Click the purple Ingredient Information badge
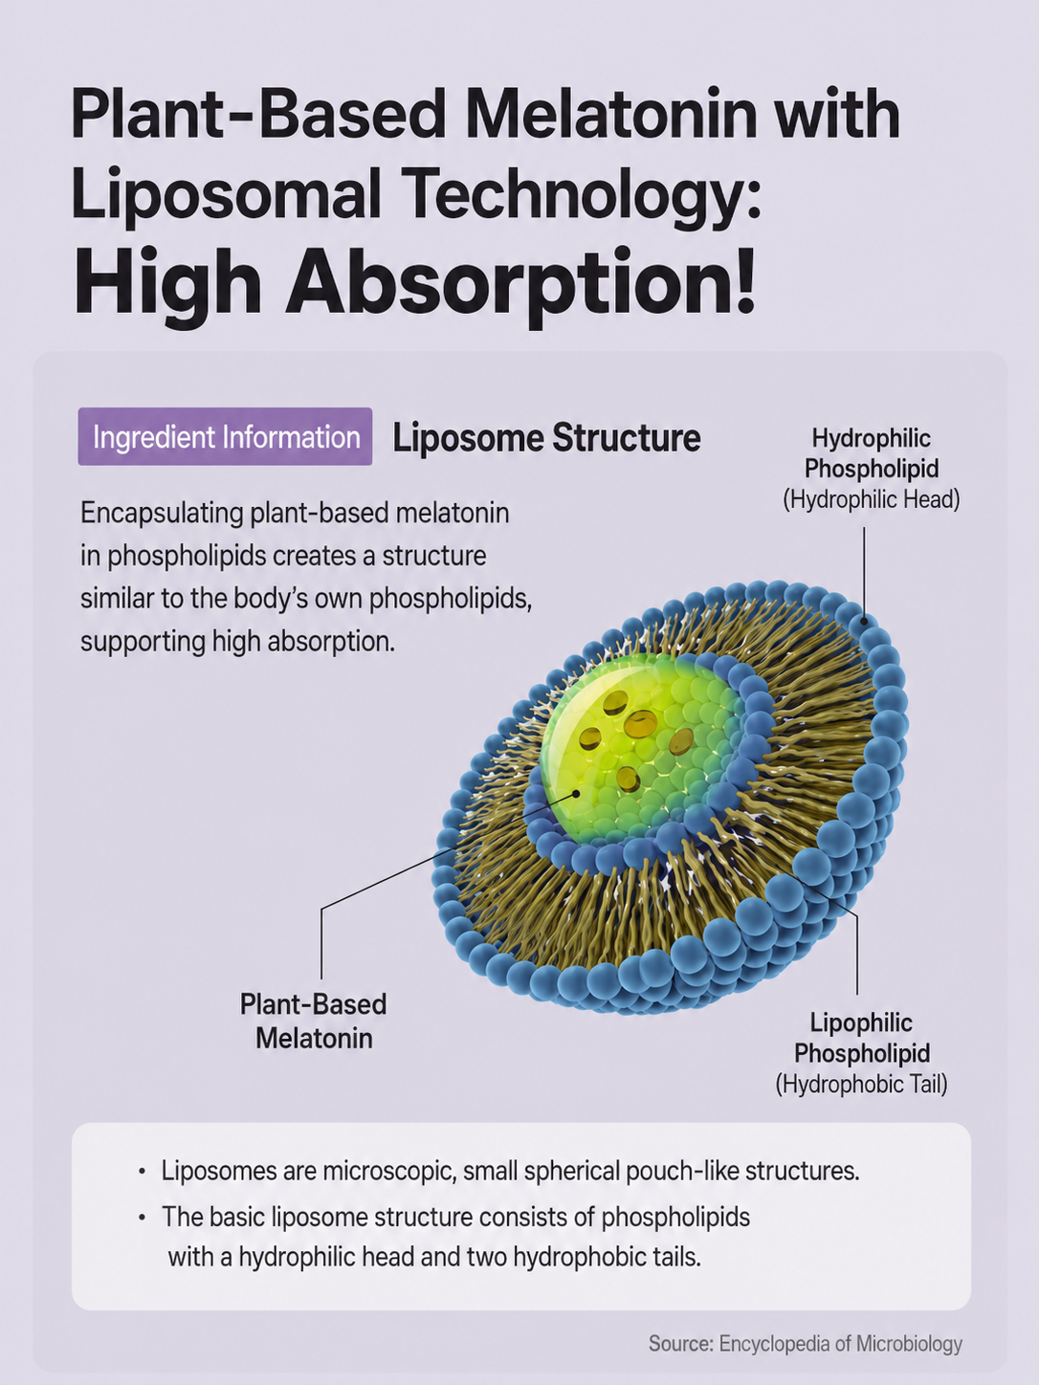[x=225, y=436]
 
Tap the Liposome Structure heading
[x=546, y=437]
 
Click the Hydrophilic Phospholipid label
[x=872, y=453]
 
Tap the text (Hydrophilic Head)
[x=872, y=499]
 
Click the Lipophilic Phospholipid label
[x=862, y=1038]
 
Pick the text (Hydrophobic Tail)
[x=862, y=1084]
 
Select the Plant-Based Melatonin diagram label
[x=314, y=1021]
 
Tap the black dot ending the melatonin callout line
[x=575, y=794]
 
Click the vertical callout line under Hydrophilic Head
[x=864, y=573]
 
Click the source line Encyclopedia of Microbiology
[x=806, y=1343]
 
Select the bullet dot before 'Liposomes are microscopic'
[x=142, y=1173]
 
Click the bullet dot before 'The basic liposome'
[x=142, y=1219]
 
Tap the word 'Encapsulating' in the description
[x=162, y=514]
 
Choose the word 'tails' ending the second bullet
[x=677, y=1257]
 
